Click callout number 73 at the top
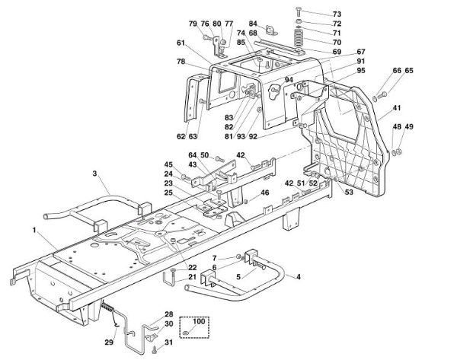337,14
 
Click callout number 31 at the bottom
168,350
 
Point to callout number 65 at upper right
409,71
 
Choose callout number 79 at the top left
193,24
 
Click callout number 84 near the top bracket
253,24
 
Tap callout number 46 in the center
265,193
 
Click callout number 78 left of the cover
181,61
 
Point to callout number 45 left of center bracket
168,164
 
